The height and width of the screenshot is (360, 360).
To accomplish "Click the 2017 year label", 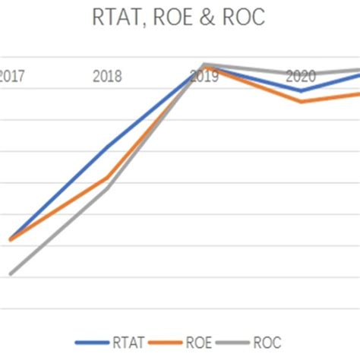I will (10, 76).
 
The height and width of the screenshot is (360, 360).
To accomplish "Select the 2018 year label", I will (107, 76).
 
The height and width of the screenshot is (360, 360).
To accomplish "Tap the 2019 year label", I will (204, 76).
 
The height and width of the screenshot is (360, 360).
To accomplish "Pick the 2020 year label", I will (301, 76).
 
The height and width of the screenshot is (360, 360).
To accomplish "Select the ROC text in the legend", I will (267, 342).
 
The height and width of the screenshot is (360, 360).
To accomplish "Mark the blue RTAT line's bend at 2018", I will (108, 145).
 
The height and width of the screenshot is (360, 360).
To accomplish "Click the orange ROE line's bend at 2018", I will (108, 178).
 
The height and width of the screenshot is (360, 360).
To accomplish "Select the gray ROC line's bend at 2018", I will (108, 188).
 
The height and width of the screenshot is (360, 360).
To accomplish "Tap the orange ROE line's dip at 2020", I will (302, 102).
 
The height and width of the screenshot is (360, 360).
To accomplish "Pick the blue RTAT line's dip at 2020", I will (302, 90).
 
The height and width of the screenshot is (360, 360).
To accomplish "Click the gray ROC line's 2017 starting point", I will (10, 273).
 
